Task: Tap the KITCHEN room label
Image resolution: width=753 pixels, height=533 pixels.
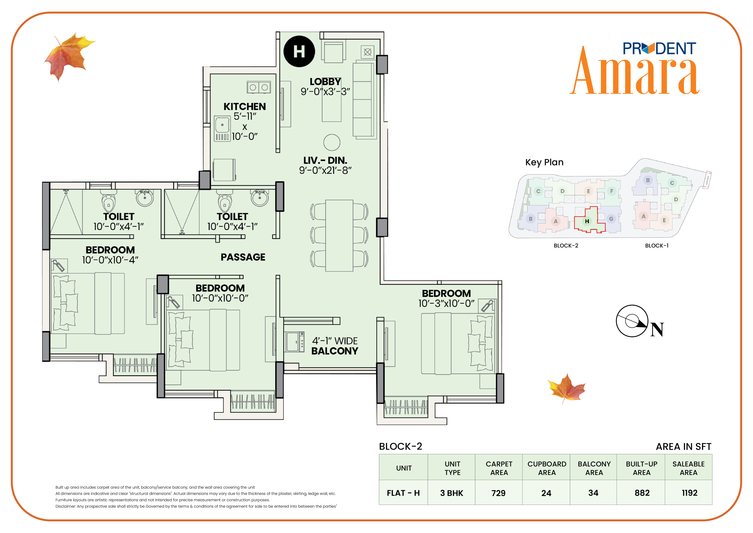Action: click(245, 107)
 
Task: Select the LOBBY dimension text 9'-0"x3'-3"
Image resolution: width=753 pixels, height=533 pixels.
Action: click(325, 92)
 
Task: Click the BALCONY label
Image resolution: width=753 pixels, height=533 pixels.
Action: click(335, 351)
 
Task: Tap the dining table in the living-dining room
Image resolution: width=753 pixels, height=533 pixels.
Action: click(339, 236)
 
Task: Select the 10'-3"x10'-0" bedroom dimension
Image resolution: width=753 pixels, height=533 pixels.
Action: click(446, 304)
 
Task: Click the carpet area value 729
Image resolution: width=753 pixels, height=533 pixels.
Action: click(498, 493)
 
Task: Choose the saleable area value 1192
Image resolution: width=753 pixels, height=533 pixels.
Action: click(689, 493)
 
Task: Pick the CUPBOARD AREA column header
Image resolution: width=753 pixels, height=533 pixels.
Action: click(547, 468)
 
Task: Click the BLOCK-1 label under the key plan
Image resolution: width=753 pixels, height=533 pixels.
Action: click(657, 246)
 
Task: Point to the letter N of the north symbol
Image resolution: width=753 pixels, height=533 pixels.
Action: click(657, 330)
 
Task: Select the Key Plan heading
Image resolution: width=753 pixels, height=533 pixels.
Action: click(544, 162)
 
